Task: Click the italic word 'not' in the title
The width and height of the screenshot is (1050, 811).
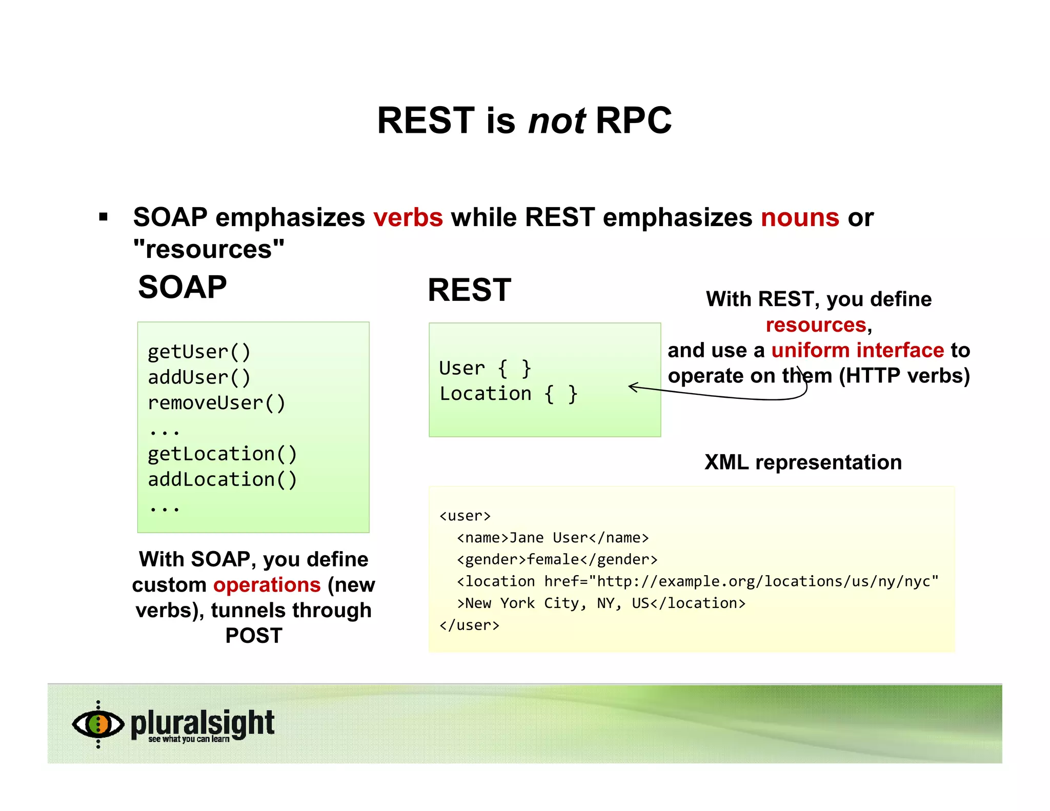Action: pyautogui.click(x=557, y=121)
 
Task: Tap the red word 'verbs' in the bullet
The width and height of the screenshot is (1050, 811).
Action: pyautogui.click(x=408, y=217)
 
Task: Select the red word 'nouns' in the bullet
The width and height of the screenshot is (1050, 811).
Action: pyautogui.click(x=800, y=217)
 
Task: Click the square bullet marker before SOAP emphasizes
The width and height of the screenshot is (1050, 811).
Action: pyautogui.click(x=104, y=217)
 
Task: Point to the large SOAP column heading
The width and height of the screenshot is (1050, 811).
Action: pyautogui.click(x=183, y=287)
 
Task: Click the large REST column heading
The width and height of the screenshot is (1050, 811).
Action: pyautogui.click(x=469, y=290)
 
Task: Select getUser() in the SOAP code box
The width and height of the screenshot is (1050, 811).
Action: pyautogui.click(x=199, y=352)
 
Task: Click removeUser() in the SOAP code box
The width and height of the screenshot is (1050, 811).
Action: pyautogui.click(x=216, y=403)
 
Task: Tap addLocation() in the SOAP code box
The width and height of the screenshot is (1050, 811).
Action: pyautogui.click(x=222, y=480)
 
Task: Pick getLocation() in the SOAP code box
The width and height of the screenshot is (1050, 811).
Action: pyautogui.click(x=222, y=454)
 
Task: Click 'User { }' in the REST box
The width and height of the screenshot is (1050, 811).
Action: pyautogui.click(x=485, y=369)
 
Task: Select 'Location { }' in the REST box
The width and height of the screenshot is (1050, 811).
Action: pyautogui.click(x=508, y=394)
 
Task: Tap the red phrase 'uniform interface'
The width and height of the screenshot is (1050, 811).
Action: pyautogui.click(x=857, y=351)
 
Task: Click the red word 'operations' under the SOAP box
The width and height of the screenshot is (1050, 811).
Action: pyautogui.click(x=267, y=585)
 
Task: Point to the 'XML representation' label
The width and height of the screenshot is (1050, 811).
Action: pyautogui.click(x=803, y=462)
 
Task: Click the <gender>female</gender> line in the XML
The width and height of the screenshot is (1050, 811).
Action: pyautogui.click(x=557, y=560)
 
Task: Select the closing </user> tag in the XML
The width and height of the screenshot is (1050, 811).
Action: pyautogui.click(x=469, y=625)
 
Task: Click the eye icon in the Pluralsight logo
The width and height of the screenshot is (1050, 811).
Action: pyautogui.click(x=98, y=724)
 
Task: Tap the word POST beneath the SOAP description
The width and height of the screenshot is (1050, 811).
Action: pyautogui.click(x=254, y=636)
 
